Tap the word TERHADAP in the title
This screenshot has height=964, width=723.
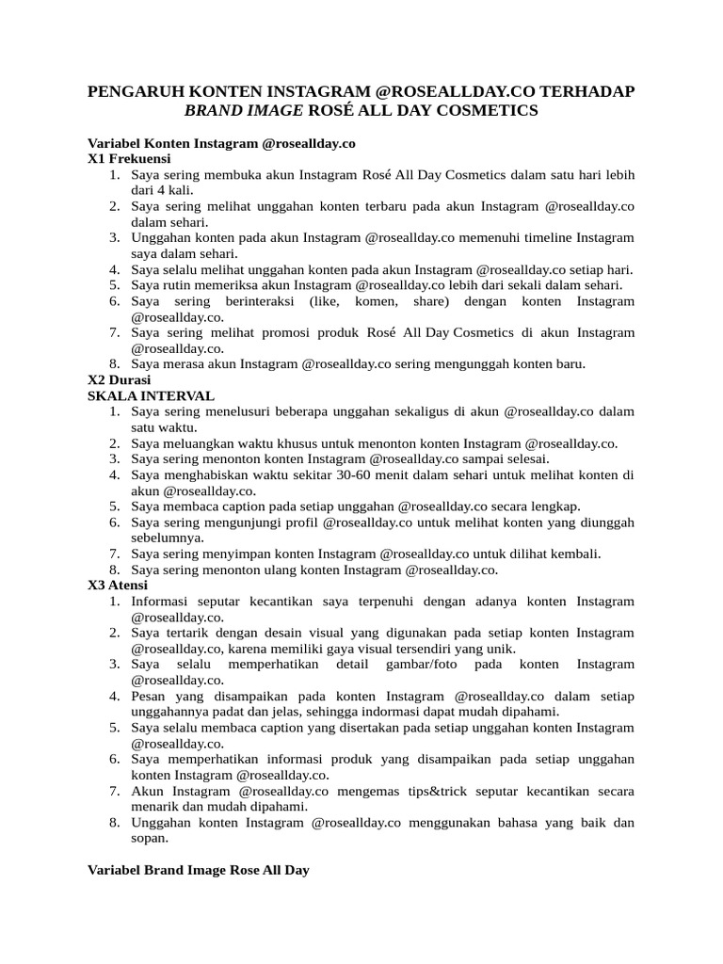click(x=590, y=91)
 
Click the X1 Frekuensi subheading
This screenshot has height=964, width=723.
click(x=129, y=159)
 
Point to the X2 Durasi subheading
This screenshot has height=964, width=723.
click(x=120, y=380)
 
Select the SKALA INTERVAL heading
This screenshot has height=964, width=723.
click(x=151, y=396)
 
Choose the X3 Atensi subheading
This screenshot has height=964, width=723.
click(x=120, y=585)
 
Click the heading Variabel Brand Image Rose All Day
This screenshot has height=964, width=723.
click(x=199, y=871)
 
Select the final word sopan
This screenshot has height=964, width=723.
click(x=149, y=838)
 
